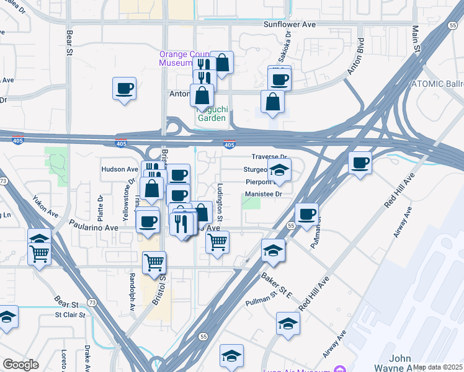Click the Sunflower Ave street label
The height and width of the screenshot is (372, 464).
[x=290, y=25]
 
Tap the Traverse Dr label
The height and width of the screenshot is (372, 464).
[x=270, y=157]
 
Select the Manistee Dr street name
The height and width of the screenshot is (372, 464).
[x=264, y=193]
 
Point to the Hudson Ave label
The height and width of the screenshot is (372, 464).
[x=120, y=169]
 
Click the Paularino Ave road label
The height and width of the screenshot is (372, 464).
[x=93, y=228]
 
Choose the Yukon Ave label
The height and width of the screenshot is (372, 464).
[x=46, y=207]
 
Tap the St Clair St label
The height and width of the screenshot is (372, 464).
[x=69, y=315]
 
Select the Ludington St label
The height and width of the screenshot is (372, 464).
[x=220, y=197]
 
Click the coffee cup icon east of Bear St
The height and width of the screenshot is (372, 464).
[x=125, y=87]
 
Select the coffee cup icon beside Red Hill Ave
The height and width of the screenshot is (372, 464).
[x=360, y=163]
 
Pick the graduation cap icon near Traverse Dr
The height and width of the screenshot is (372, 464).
[x=279, y=169]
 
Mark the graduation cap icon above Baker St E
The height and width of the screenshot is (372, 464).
[x=272, y=250]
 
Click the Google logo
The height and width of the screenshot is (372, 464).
[x=21, y=364]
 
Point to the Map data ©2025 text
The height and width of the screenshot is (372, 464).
[x=438, y=367]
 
